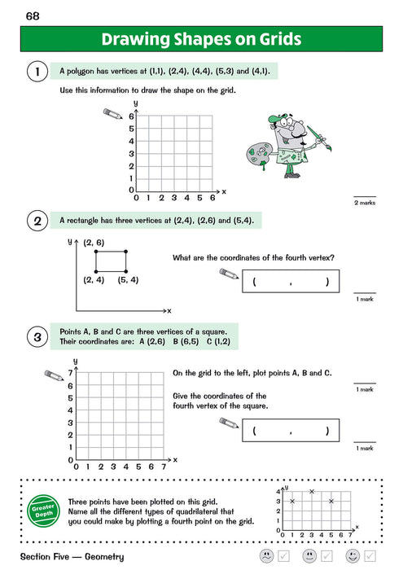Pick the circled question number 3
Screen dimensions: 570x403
tap(37, 338)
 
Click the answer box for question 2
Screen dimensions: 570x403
tap(291, 283)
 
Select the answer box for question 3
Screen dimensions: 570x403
tap(291, 431)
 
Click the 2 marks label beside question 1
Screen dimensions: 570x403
tap(365, 203)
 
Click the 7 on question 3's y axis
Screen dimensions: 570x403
tap(72, 372)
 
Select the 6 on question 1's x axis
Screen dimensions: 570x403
tap(212, 198)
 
